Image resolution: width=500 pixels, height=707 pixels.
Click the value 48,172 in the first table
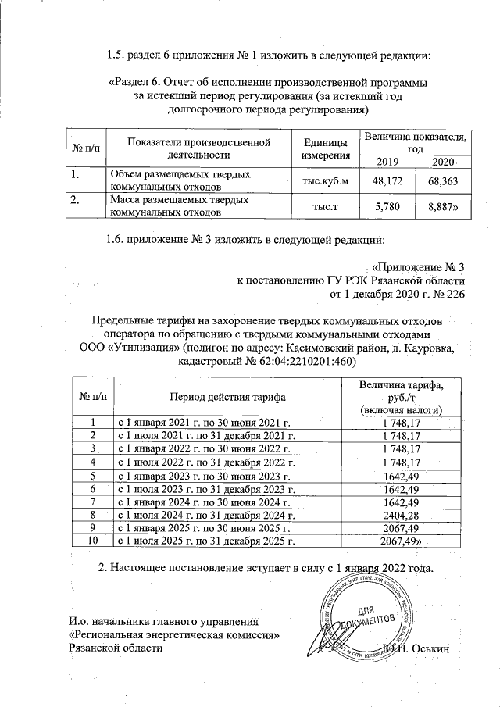(x=381, y=181)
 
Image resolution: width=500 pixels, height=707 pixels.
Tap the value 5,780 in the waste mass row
(x=381, y=206)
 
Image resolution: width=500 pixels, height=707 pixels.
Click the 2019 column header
(x=386, y=161)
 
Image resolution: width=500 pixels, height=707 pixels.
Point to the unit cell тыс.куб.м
(x=320, y=181)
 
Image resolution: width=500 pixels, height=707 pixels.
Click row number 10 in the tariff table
(x=93, y=540)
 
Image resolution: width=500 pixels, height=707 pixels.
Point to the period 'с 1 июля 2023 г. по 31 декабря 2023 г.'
(x=207, y=489)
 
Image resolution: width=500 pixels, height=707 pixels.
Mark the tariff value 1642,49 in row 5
(x=401, y=476)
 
